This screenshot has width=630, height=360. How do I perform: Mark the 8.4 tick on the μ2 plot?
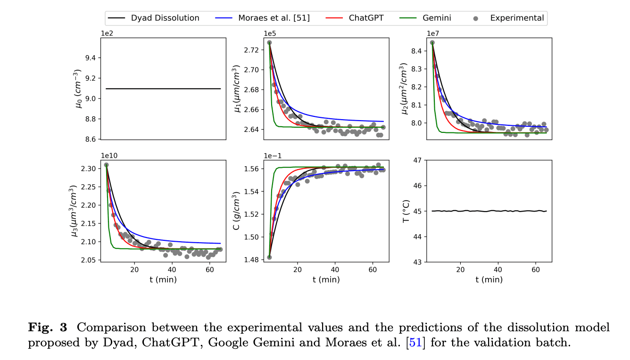click(417, 51)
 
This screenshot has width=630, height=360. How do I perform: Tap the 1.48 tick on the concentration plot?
click(250, 260)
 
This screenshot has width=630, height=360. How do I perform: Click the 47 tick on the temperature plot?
click(417, 160)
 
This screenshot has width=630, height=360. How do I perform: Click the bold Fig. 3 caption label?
click(48, 327)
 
